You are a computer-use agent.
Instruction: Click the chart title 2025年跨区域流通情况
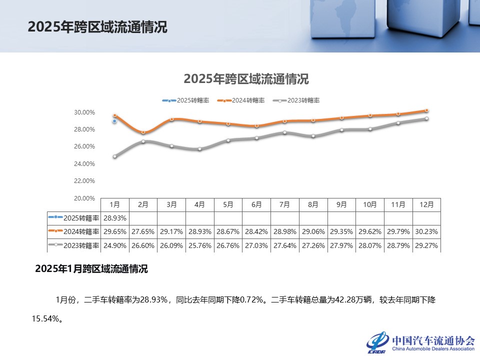246,79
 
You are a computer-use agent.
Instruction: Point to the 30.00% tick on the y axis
84,112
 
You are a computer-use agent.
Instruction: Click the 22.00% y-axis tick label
84,181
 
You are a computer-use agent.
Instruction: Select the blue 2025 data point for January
114,121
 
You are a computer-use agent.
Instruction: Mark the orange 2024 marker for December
426,110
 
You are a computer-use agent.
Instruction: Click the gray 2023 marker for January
114,156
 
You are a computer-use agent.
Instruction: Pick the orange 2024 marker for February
143,132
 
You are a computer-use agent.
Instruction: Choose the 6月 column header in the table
256,204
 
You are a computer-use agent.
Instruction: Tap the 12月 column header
426,204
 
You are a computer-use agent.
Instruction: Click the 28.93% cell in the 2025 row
114,218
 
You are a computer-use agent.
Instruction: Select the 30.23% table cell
426,232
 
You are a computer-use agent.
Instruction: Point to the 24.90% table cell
114,245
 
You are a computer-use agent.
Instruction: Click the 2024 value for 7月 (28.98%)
284,232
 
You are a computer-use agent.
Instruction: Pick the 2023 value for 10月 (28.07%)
370,245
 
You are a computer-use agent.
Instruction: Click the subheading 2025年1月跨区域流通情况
91,269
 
